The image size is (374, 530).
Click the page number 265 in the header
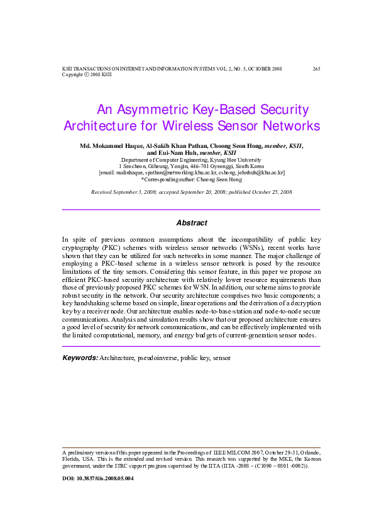(316, 68)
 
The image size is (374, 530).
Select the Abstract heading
(191, 223)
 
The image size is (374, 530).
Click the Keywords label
(80, 358)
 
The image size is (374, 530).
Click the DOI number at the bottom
(97, 478)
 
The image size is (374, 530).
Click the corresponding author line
(191, 179)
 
